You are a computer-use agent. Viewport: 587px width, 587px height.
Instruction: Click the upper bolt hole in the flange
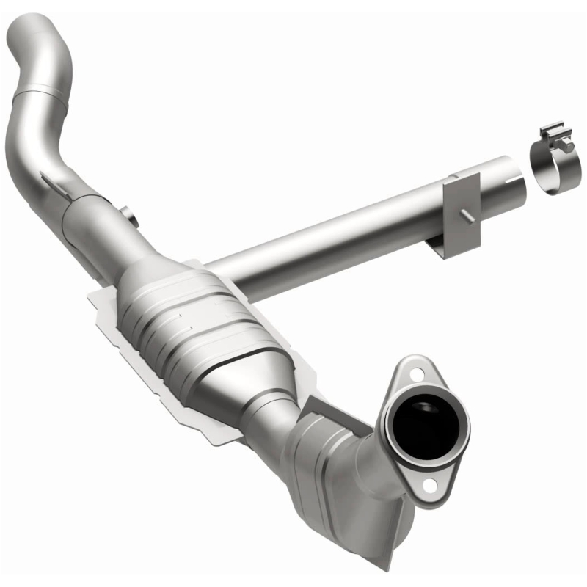coord(415,373)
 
